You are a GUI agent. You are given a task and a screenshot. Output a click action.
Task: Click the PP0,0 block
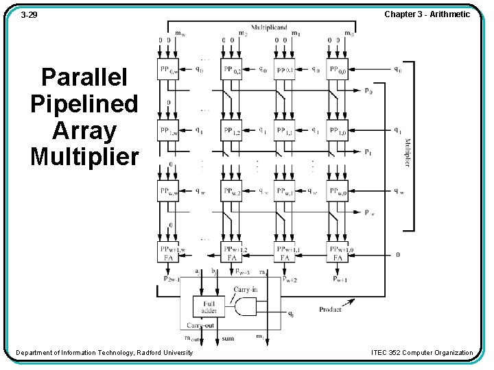pyautogui.click(x=338, y=69)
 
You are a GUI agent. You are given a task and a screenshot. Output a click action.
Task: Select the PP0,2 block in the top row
pyautogui.click(x=231, y=69)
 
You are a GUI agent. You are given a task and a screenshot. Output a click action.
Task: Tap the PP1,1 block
pyautogui.click(x=284, y=130)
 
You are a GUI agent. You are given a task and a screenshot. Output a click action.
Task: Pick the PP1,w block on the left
pyautogui.click(x=168, y=130)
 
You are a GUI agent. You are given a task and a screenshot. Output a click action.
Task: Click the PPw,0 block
pyautogui.click(x=338, y=191)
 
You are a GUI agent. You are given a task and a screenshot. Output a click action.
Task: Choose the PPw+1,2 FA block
pyautogui.click(x=231, y=253)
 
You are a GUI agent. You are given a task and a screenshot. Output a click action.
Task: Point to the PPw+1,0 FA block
pyautogui.click(x=338, y=253)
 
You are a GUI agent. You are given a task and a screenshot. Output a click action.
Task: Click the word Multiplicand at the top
pyautogui.click(x=268, y=28)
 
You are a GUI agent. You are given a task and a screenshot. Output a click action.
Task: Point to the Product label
pyautogui.click(x=330, y=310)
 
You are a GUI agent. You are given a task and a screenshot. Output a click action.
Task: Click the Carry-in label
pyautogui.click(x=246, y=290)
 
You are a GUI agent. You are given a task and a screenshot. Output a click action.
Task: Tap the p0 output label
pyautogui.click(x=369, y=91)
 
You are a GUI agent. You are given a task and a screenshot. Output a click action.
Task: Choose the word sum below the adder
pyautogui.click(x=228, y=338)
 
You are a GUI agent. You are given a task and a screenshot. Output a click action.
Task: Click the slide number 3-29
pyautogui.click(x=29, y=14)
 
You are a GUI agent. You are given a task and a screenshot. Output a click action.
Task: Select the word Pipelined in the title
pyautogui.click(x=84, y=104)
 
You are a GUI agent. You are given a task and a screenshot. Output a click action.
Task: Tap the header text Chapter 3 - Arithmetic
pyautogui.click(x=427, y=14)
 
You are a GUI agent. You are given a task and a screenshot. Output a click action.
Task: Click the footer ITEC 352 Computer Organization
pyautogui.click(x=422, y=353)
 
